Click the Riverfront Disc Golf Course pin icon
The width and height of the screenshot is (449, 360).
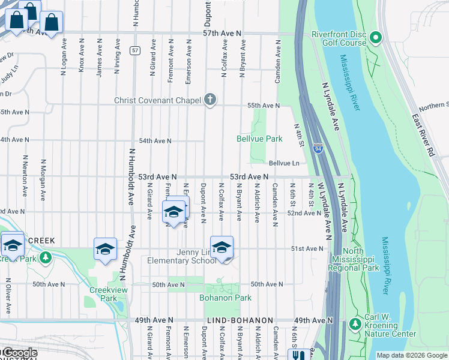[376, 38]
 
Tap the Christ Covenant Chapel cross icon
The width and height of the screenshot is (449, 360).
[209, 100]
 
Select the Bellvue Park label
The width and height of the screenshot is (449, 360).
[260, 139]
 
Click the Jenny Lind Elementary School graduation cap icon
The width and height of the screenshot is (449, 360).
[221, 247]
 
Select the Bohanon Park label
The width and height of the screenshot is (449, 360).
[225, 298]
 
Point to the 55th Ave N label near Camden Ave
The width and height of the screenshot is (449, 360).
[264, 106]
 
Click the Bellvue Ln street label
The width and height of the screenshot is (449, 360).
[284, 163]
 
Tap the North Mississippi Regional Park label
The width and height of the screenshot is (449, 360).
[362, 260]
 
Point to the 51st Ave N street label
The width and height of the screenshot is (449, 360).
[307, 248]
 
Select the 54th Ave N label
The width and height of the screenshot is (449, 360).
[155, 141]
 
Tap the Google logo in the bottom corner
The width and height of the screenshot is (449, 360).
[19, 353]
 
